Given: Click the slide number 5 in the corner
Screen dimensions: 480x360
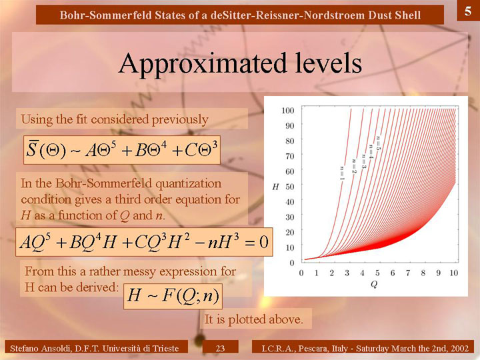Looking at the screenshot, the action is [468, 11].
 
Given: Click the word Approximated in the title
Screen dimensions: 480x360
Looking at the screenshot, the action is [202, 64].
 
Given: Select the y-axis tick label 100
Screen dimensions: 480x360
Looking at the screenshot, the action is [288, 110].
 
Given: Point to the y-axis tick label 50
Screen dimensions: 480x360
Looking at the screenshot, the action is [290, 187].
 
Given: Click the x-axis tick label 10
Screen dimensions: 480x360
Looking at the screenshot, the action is [454, 273].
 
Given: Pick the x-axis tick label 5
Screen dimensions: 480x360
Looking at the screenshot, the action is [377, 273].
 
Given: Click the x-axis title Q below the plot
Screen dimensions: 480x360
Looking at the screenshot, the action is [374, 285].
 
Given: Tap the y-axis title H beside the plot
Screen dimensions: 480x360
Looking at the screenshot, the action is [275, 187].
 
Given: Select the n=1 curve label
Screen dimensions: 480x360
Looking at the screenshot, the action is [342, 173].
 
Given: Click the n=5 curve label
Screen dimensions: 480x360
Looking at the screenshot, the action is [379, 143].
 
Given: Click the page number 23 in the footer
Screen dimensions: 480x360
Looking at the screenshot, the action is [220, 348].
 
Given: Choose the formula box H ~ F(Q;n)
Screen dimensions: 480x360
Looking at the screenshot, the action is [173, 296].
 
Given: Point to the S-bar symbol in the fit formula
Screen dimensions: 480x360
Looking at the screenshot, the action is [31, 149].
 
